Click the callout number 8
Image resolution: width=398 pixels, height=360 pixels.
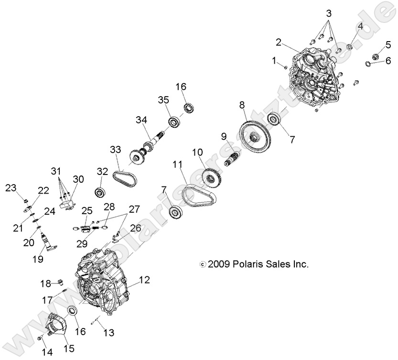(242, 104)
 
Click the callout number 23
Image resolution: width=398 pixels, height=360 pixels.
(11, 188)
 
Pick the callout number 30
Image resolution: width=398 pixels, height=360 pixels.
(78, 179)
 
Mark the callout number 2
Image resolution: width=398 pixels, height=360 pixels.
(278, 42)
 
